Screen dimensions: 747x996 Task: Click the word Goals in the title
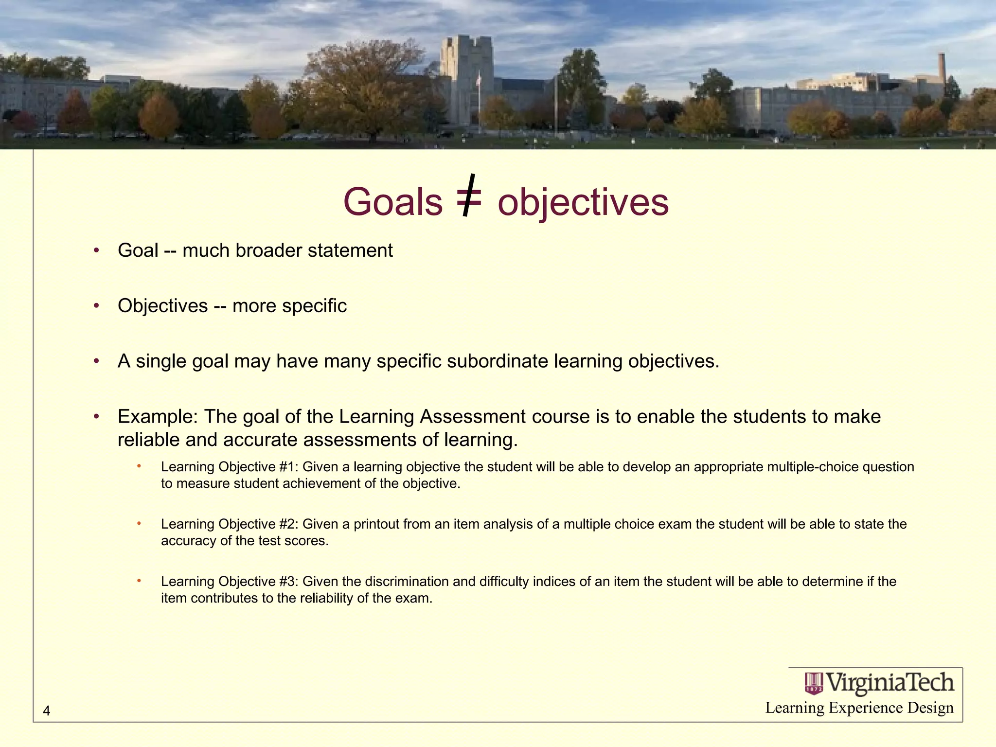393,202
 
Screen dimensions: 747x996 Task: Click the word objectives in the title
583,202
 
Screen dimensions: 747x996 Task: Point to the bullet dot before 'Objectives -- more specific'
97,305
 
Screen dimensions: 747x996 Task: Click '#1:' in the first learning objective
289,467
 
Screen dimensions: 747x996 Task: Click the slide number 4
47,711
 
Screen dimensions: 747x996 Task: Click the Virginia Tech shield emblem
814,683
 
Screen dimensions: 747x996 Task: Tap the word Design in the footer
930,708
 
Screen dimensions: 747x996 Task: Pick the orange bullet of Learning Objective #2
139,523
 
